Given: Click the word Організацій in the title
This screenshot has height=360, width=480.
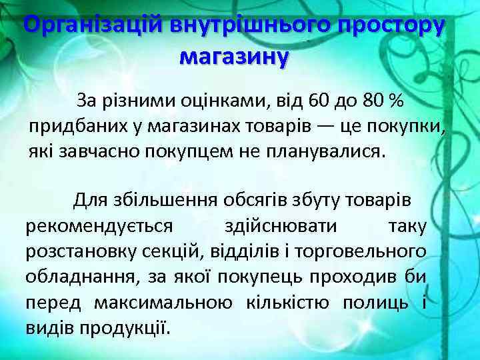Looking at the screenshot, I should (x=87, y=25).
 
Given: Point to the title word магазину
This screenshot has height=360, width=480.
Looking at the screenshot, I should (x=234, y=55).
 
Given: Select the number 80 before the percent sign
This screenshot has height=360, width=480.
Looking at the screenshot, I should (x=375, y=101).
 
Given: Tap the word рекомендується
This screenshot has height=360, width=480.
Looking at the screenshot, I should (x=99, y=225).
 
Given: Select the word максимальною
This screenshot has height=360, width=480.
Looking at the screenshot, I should (x=163, y=303).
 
